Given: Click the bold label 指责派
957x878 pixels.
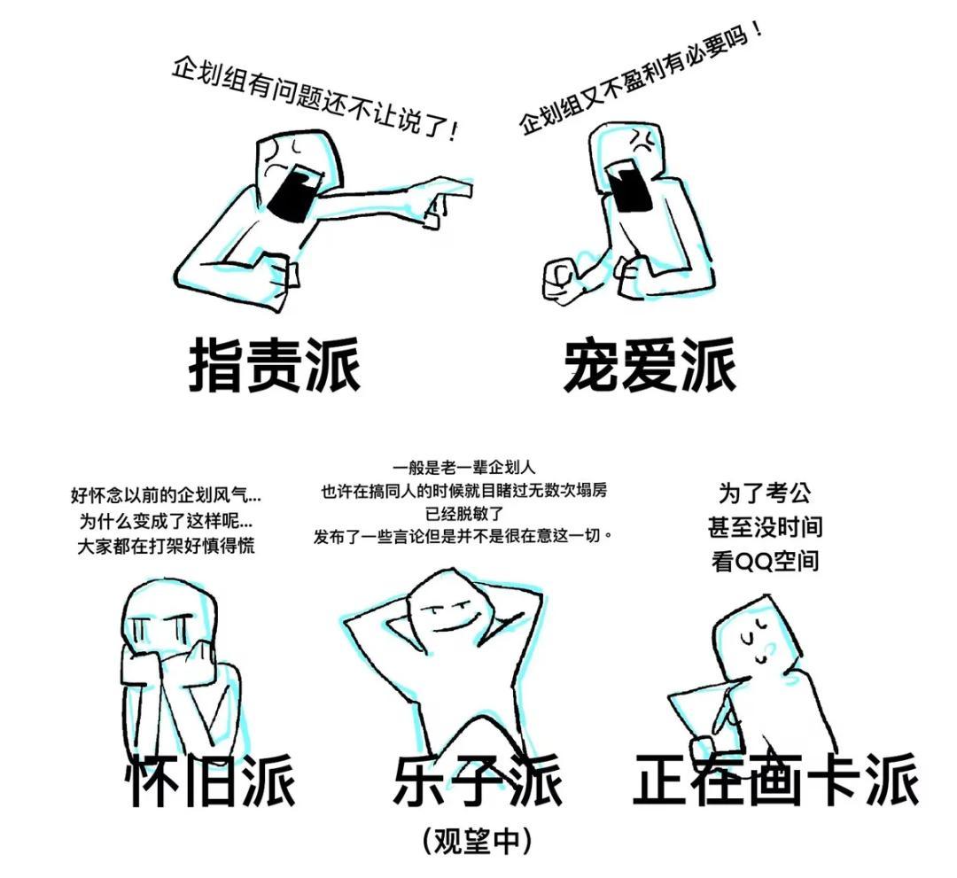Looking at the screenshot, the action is pyautogui.click(x=274, y=365).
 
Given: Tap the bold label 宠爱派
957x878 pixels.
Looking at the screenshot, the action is pyautogui.click(x=650, y=365).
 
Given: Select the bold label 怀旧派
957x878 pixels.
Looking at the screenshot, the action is pyautogui.click(x=211, y=781).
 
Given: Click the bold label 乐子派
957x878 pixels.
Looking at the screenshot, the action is pyautogui.click(x=478, y=781).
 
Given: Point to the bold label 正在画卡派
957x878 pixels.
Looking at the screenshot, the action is pyautogui.click(x=775, y=781).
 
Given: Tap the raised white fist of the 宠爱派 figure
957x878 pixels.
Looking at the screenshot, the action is pyautogui.click(x=561, y=279).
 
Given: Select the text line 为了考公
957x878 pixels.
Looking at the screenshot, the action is pyautogui.click(x=765, y=493).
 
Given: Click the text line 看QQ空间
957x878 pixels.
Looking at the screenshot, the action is pyautogui.click(x=765, y=562).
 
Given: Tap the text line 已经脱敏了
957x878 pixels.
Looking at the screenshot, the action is pyautogui.click(x=463, y=513).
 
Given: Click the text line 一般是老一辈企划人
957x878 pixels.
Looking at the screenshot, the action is pyautogui.click(x=463, y=468).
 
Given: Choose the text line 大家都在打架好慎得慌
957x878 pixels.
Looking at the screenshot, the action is pyautogui.click(x=166, y=546).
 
